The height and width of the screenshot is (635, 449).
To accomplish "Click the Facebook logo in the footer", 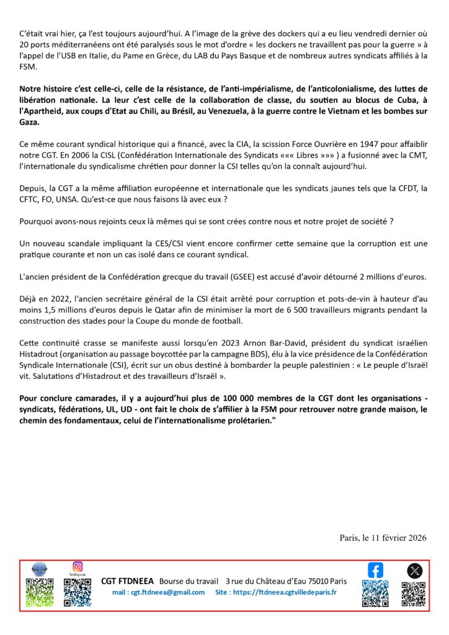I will click(x=376, y=570).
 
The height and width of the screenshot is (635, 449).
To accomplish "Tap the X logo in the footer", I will click(x=415, y=571).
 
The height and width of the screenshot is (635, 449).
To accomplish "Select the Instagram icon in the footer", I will click(x=78, y=566).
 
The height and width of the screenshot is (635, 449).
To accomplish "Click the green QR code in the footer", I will click(x=39, y=592).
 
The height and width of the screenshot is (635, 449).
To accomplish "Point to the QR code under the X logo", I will click(x=414, y=593).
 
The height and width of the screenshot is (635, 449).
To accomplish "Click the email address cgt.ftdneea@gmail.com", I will click(x=158, y=592).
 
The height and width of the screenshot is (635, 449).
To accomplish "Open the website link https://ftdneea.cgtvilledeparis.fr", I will click(x=285, y=592).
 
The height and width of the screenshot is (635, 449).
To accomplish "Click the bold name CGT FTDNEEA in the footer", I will click(x=127, y=581).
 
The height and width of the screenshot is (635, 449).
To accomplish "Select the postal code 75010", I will click(x=316, y=581).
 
